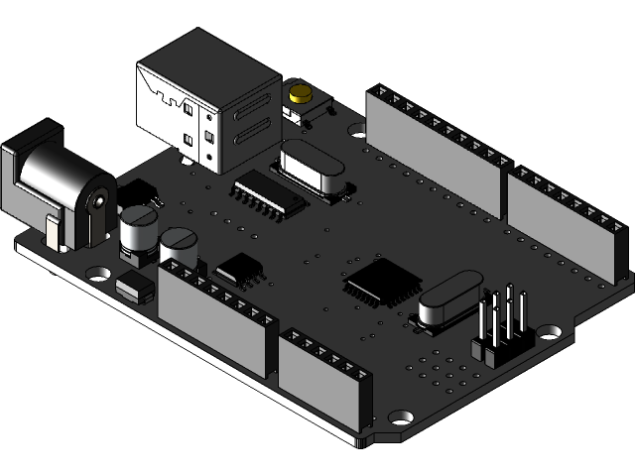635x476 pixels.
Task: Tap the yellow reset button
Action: tap(299, 96)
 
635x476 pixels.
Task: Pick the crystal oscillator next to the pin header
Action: tap(448, 298)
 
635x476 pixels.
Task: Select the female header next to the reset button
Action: tap(437, 149)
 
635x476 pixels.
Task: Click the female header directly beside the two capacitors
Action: tap(216, 317)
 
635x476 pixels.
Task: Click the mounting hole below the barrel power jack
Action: tap(98, 271)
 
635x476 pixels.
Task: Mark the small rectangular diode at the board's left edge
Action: tap(135, 289)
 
